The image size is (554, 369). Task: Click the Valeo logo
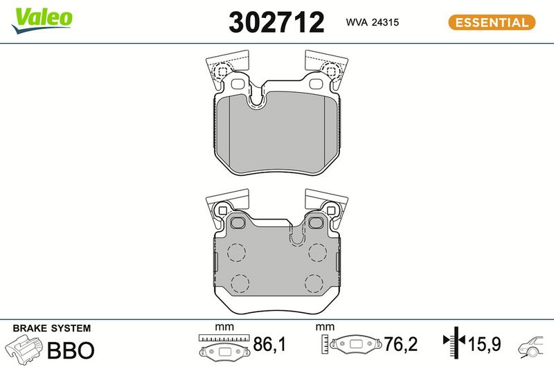point(42,21)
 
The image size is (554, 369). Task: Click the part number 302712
point(276,22)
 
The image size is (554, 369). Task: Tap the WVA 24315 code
point(373,22)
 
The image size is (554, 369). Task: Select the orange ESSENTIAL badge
point(492,22)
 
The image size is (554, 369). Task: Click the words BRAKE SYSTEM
point(52,328)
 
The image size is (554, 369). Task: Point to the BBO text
point(71,350)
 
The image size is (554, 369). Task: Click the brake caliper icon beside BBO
point(24,348)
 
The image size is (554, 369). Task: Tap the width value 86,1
point(269,344)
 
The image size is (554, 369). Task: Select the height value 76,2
point(401,344)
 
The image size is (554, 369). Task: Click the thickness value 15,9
point(484,344)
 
